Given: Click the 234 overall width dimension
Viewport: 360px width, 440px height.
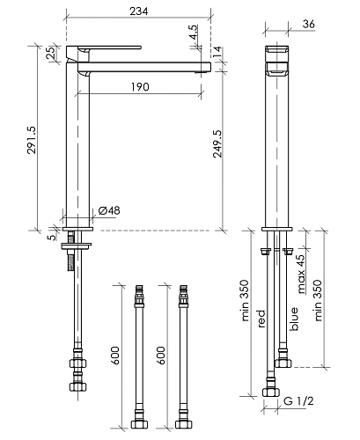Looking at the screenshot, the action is [x=139, y=11].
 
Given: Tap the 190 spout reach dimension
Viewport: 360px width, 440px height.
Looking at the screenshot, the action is [x=140, y=87].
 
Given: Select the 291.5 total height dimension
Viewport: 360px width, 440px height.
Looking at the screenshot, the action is [x=32, y=140].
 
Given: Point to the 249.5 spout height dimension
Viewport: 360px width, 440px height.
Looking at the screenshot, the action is [x=217, y=143].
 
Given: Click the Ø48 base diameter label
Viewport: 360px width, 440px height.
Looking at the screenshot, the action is [x=109, y=210].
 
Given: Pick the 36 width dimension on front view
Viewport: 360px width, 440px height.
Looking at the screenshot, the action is [x=309, y=24].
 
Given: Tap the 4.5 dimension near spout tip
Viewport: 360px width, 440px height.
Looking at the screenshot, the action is [x=194, y=33].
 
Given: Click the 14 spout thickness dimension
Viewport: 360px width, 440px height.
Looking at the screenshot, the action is [x=217, y=53].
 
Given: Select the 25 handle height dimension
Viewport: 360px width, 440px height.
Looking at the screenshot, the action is [x=51, y=54].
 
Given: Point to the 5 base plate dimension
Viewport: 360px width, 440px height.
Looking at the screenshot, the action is [x=52, y=237].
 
